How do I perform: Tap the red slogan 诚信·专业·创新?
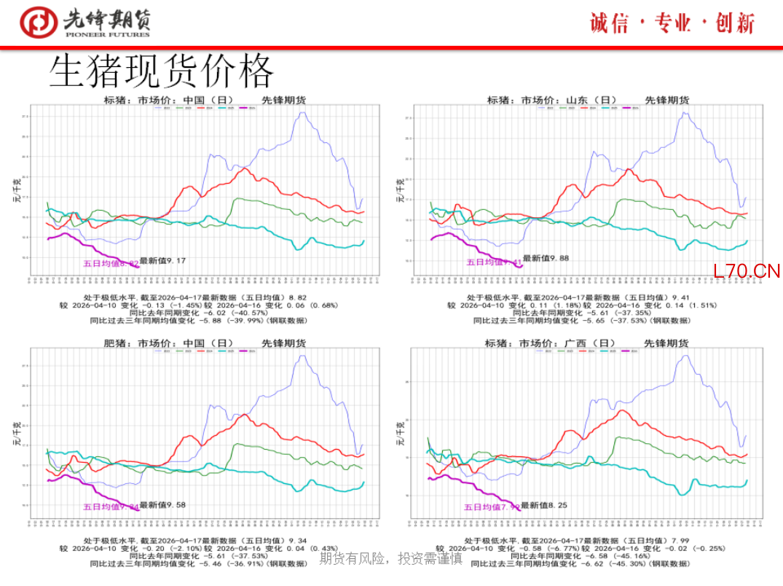pyautogui.click(x=672, y=23)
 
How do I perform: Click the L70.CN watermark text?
pyautogui.click(x=747, y=272)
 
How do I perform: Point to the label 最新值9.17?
pyautogui.click(x=163, y=260)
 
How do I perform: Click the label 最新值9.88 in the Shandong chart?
pyautogui.click(x=546, y=258)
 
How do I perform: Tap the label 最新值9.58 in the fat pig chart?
pyautogui.click(x=163, y=504)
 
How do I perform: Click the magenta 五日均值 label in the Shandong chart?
pyautogui.click(x=495, y=262)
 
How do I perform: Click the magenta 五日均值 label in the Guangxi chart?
pyautogui.click(x=492, y=507)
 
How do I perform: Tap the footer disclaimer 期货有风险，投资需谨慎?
pyautogui.click(x=391, y=559)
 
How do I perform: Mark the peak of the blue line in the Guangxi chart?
pyautogui.click(x=685, y=356)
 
